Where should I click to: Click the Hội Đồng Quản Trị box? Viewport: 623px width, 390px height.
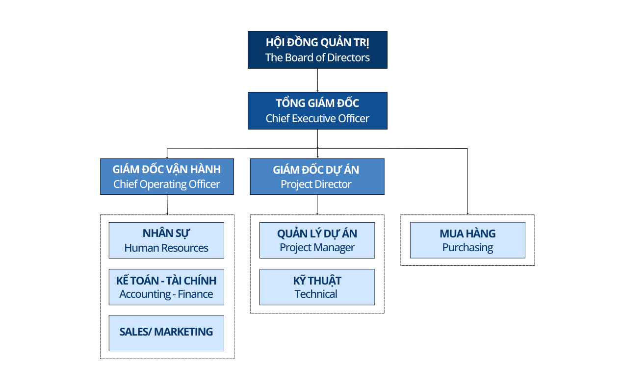(317, 50)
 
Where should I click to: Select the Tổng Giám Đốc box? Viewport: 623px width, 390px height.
(317, 110)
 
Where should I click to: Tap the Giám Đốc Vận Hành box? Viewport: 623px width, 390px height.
(167, 177)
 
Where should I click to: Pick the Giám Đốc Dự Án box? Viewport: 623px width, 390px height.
(317, 177)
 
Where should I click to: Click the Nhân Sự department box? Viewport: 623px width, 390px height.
(166, 240)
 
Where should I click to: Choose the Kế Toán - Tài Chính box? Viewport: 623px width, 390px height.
(166, 287)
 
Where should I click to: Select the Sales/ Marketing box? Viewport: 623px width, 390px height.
(166, 333)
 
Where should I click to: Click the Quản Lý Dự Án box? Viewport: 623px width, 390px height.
(317, 240)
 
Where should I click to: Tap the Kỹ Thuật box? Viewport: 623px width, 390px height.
(317, 287)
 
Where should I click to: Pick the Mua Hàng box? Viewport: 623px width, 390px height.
(467, 240)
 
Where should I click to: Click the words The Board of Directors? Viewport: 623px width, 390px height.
(317, 57)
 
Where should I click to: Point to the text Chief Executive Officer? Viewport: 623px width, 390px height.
(317, 119)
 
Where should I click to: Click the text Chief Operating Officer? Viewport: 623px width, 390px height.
(167, 184)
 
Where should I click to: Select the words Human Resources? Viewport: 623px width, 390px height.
(166, 248)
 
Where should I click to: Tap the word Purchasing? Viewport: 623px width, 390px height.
(467, 248)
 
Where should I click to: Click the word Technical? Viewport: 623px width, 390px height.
(316, 294)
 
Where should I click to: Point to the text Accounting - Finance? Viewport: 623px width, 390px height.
(166, 294)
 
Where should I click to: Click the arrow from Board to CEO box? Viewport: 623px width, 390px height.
(317, 80)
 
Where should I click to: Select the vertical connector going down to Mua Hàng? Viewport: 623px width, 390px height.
(467, 182)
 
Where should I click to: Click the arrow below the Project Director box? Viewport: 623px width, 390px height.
(317, 205)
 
